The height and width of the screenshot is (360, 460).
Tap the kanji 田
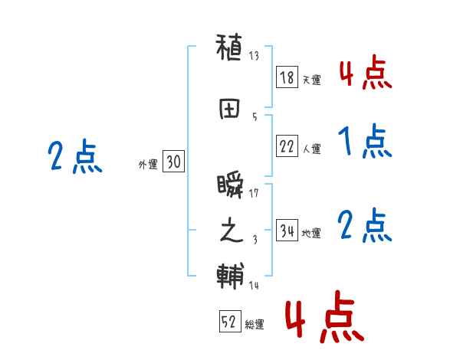point(230,110)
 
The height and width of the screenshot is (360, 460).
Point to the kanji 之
point(230,231)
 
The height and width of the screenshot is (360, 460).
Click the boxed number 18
point(286,78)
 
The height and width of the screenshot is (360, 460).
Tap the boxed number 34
point(286,231)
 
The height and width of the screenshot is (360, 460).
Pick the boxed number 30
point(173,162)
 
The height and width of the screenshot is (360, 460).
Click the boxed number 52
point(228,322)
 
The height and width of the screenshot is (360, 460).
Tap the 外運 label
point(148,163)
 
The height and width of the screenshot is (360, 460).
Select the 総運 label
point(255,324)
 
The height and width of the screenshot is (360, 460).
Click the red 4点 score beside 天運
point(365,73)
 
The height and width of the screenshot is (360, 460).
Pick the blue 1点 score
point(365,142)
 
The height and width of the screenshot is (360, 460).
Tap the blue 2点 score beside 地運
point(365,226)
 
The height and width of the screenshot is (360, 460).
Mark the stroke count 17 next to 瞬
point(254,192)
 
